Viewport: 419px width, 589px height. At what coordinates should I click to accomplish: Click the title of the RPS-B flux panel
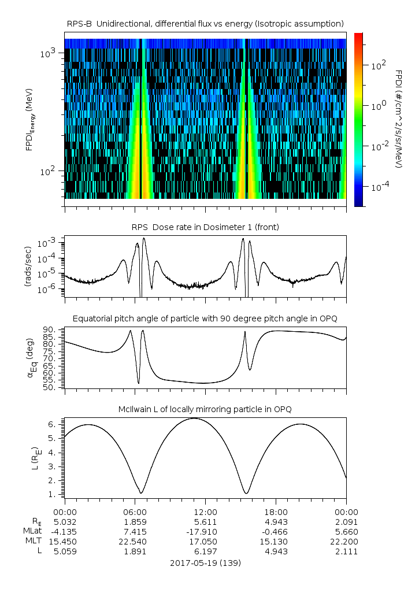click(205, 23)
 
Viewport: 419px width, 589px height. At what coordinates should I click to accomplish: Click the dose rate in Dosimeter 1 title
click(205, 227)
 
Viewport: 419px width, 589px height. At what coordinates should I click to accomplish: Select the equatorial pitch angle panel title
click(205, 318)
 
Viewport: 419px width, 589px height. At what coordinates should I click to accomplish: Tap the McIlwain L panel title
click(205, 409)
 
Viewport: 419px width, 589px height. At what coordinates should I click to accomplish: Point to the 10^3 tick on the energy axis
click(47, 53)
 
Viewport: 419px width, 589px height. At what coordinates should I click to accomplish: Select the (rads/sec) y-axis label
click(27, 266)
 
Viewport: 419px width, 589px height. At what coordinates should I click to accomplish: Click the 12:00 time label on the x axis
click(205, 512)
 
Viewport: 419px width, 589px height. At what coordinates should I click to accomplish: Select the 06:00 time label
click(135, 512)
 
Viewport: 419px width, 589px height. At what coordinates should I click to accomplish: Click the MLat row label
click(32, 532)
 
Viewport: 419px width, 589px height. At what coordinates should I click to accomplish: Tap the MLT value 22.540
click(135, 542)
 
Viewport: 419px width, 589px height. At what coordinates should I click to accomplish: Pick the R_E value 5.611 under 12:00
click(205, 522)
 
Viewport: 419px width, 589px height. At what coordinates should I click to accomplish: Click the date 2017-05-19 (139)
click(205, 562)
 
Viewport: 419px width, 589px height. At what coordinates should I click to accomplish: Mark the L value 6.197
click(205, 551)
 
